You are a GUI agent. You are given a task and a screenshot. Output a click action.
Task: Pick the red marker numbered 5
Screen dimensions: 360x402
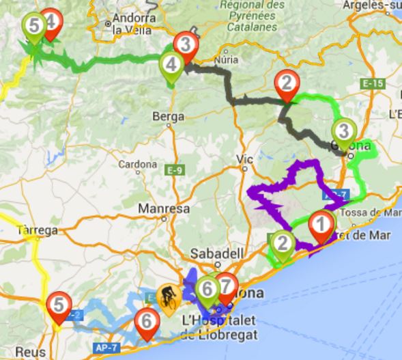[x=59, y=305]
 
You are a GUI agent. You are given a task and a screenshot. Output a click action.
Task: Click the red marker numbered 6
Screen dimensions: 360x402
[x=145, y=322]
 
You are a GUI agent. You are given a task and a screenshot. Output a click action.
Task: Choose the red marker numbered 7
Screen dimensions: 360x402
[x=226, y=286]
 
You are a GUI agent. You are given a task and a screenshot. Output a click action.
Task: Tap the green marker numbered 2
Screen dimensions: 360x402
[x=281, y=244]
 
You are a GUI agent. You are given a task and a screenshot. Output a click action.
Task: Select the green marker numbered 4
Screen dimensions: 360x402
[x=171, y=65]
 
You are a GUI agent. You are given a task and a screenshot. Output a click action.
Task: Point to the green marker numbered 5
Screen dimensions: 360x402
[x=33, y=27]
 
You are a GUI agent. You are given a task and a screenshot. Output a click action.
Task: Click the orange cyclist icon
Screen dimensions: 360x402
[x=167, y=297]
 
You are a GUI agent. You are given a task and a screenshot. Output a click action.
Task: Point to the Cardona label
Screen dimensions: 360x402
[x=138, y=164]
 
